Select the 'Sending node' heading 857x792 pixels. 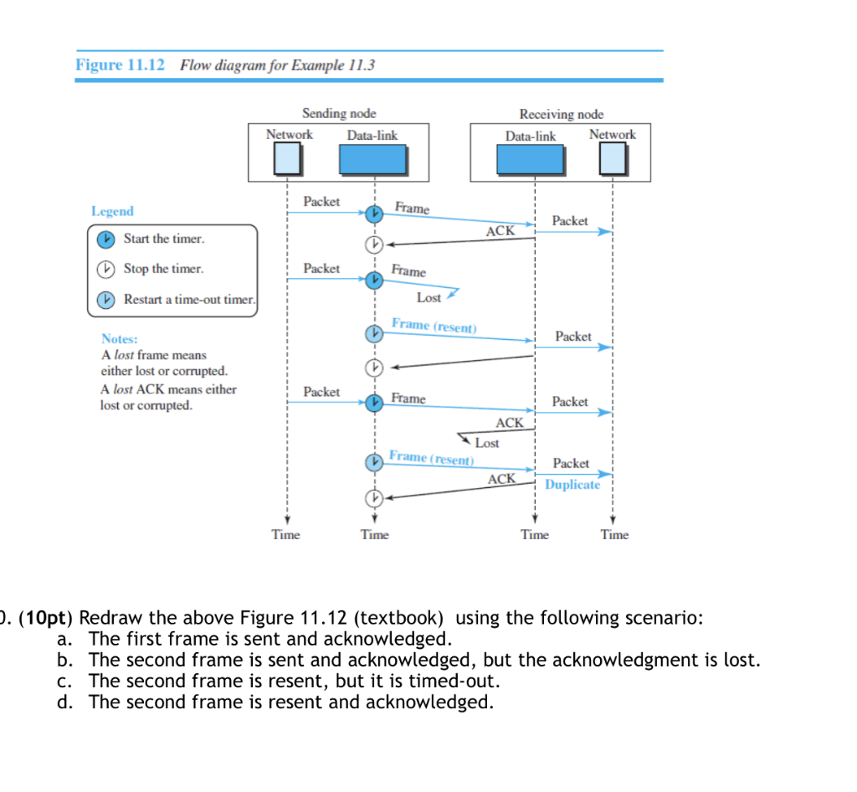[x=338, y=113]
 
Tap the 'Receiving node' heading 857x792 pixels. [x=561, y=114]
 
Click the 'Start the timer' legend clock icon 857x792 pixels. [x=105, y=239]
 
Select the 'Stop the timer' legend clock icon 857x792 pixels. [x=105, y=270]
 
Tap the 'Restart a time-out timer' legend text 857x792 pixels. [x=189, y=300]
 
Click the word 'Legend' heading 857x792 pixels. [x=112, y=212]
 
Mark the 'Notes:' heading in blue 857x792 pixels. [x=120, y=339]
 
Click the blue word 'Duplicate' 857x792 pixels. [x=572, y=485]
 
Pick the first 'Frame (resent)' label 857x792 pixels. [x=434, y=325]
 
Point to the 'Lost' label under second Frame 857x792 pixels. [x=428, y=298]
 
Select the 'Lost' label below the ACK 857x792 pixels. [x=486, y=443]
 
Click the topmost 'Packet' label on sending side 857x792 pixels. [x=321, y=202]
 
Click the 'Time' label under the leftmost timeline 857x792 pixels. [x=285, y=535]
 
